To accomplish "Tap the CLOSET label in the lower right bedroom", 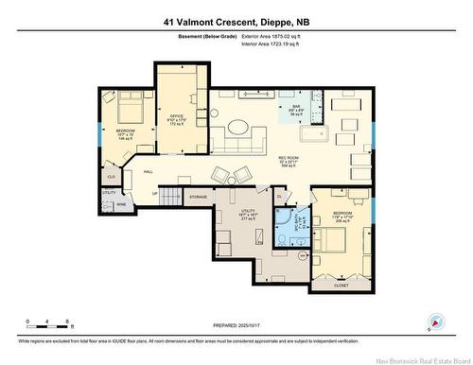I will tap(341, 284).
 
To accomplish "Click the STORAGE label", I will tap(198, 197).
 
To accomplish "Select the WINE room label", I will tap(122, 203).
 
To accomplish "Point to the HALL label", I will tap(149, 171).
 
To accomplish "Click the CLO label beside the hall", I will tap(111, 177).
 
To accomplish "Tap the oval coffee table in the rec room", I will tap(237, 128).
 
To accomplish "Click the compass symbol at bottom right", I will tap(435, 322).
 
